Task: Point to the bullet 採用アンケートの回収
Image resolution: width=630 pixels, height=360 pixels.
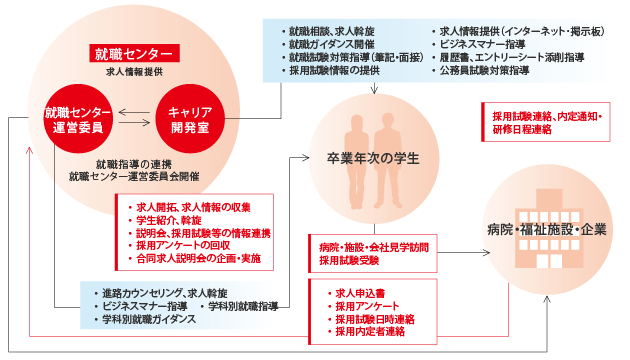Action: tap(180, 244)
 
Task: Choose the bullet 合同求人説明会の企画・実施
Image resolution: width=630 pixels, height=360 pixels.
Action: tap(195, 258)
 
